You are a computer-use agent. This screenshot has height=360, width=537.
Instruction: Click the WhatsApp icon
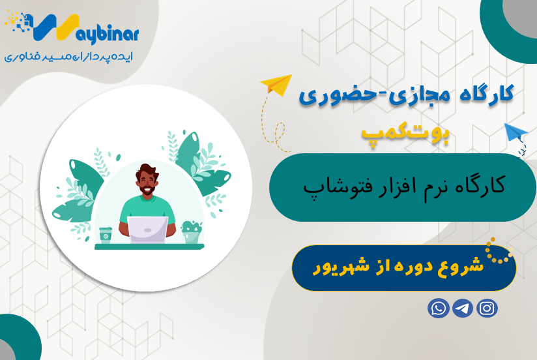pyautogui.click(x=439, y=308)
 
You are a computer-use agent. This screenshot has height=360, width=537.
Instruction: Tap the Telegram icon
pyautogui.click(x=463, y=308)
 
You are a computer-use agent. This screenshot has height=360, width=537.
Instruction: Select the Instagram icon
pyautogui.click(x=487, y=308)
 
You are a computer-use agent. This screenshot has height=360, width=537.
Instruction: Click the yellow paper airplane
pyautogui.click(x=276, y=85)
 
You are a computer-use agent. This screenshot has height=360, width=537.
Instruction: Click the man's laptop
pyautogui.click(x=147, y=229)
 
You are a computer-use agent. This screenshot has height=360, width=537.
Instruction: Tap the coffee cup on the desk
pyautogui.click(x=105, y=235)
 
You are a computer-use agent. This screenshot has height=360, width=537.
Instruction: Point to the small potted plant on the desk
pyautogui.click(x=191, y=232)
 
